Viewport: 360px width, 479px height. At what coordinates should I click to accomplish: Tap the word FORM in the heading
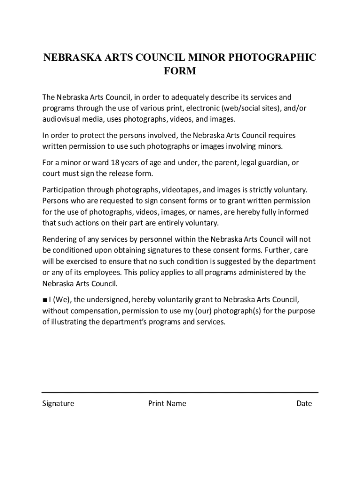tap(180, 72)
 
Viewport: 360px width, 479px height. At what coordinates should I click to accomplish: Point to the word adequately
tap(187, 97)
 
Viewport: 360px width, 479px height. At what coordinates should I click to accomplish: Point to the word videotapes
tap(181, 190)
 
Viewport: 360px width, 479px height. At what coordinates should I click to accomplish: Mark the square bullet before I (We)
tap(44, 300)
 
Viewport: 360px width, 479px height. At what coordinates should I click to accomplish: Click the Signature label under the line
tap(58, 403)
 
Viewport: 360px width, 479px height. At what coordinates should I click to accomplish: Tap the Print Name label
tap(167, 403)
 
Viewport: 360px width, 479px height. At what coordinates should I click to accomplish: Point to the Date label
tap(304, 403)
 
